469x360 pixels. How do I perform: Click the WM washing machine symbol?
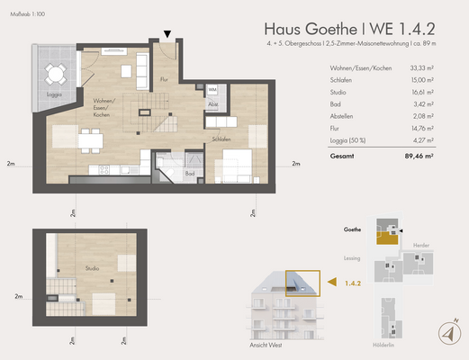(213, 91)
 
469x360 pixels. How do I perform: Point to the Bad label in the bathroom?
(190, 174)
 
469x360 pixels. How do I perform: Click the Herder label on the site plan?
(419, 246)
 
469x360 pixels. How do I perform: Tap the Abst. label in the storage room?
(212, 104)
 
